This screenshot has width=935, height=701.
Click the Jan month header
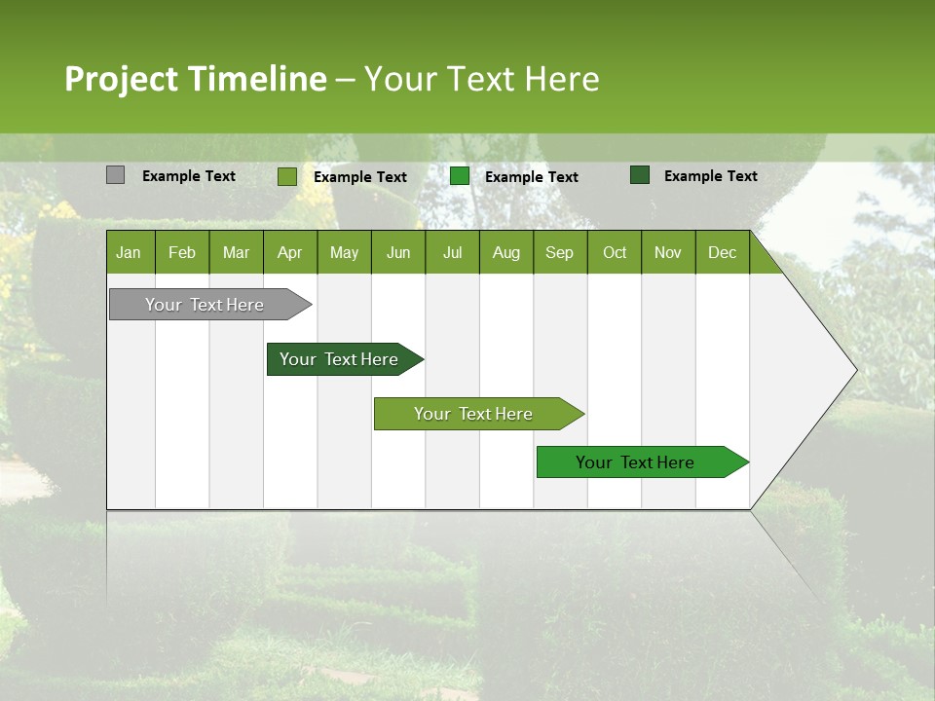click(129, 253)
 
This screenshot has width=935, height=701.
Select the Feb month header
click(182, 253)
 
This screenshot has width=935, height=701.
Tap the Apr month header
click(289, 253)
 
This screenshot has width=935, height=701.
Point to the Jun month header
click(398, 253)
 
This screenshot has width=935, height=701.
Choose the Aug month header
click(505, 253)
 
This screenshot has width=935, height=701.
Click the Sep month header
click(559, 253)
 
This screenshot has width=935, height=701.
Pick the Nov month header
click(667, 253)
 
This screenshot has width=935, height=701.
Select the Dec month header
click(722, 253)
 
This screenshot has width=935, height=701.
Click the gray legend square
click(115, 175)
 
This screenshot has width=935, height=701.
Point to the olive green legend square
click(286, 176)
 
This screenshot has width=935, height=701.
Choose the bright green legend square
click(460, 176)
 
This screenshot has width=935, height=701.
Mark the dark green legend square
click(640, 175)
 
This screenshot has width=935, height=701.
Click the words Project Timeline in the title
click(196, 79)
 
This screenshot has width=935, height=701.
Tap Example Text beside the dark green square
click(710, 176)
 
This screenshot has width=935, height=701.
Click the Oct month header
click(615, 253)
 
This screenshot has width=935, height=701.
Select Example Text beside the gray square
click(188, 176)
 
